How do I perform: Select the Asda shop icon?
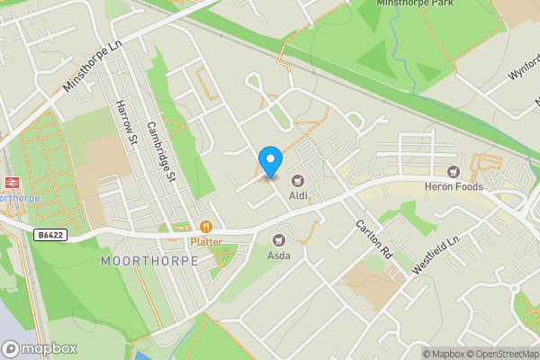point(279,239)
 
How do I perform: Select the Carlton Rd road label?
point(374,239)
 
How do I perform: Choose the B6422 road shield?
point(50,235)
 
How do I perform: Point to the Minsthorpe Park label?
point(415,4)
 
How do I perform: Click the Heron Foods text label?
point(454,186)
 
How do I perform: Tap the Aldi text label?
point(298,195)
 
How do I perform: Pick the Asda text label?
point(279,254)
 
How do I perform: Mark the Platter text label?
point(205,241)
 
